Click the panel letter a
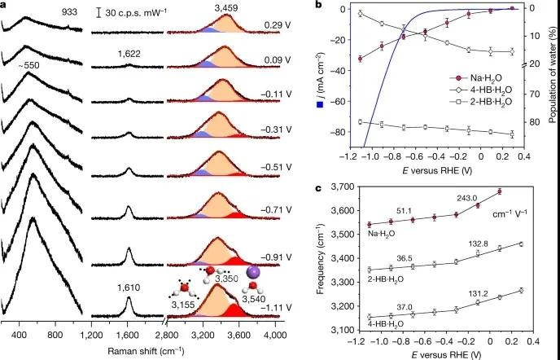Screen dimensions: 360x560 click(x=5, y=7)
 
